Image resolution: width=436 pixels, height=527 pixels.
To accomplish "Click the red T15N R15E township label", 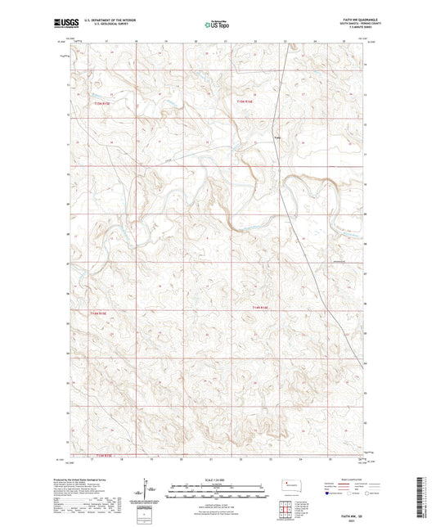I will [100, 103].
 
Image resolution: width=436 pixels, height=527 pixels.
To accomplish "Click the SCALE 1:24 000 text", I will [217, 480].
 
